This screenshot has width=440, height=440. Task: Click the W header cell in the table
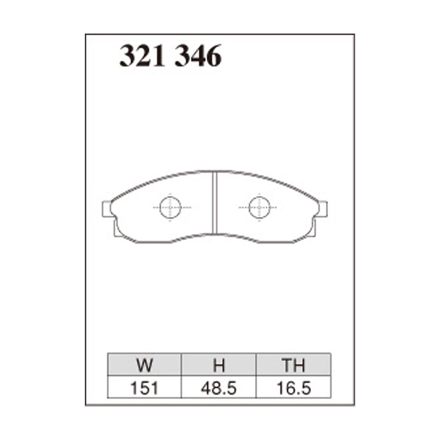145,365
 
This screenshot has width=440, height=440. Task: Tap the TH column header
293,365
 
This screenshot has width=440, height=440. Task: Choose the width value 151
145,388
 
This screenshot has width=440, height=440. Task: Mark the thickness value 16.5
293,388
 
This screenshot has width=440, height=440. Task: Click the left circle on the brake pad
170,207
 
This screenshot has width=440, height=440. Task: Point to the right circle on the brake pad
258,207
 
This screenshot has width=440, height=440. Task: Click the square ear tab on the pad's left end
107,209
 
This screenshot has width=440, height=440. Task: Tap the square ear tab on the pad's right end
322,209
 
